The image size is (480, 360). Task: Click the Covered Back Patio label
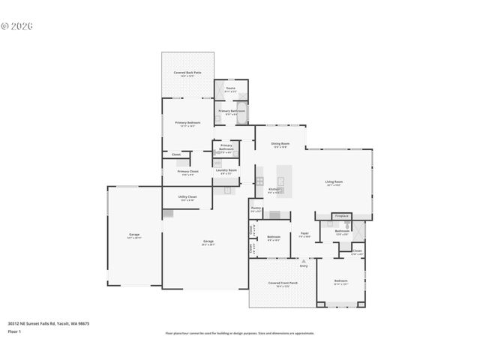click(187, 73)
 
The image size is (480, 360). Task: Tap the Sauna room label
click(230, 89)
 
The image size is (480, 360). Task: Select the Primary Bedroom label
click(187, 124)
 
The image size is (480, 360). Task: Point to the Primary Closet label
click(187, 172)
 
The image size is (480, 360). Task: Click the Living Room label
click(334, 182)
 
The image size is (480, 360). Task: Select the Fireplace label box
click(341, 216)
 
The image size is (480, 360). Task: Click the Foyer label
click(305, 234)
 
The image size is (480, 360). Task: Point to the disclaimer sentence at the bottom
click(239, 332)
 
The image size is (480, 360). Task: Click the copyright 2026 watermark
click(17, 26)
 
